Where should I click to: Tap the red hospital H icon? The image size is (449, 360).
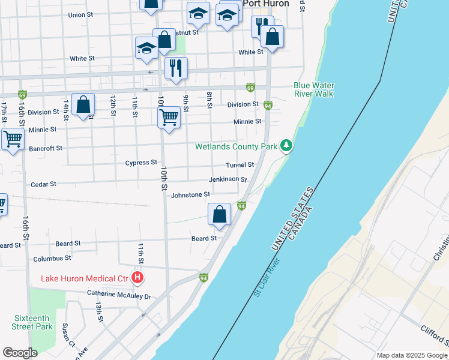click(x=137, y=278)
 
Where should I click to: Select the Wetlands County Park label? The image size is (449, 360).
click(x=236, y=146)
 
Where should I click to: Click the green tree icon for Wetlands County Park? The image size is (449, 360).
click(x=287, y=146)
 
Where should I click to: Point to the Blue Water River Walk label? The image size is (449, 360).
click(x=314, y=89)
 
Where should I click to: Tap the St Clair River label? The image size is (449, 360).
click(x=267, y=277)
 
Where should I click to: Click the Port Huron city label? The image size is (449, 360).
click(x=265, y=4)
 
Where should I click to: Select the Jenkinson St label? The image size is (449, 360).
click(x=228, y=179)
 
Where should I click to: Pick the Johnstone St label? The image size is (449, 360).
click(x=190, y=194)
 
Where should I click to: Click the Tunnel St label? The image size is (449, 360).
click(x=240, y=164)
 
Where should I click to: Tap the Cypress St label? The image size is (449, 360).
click(x=140, y=163)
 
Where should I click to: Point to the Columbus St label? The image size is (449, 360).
click(x=52, y=258)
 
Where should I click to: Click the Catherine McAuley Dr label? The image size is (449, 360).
click(x=118, y=295)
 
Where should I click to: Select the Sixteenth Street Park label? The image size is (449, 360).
click(x=32, y=322)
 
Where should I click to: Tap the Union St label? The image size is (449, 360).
click(x=82, y=15)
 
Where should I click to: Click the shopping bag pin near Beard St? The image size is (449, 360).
click(x=220, y=214)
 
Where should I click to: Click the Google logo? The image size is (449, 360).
click(x=20, y=353)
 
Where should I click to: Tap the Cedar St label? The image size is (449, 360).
click(x=43, y=184)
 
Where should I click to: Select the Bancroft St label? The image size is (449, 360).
click(x=46, y=148)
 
